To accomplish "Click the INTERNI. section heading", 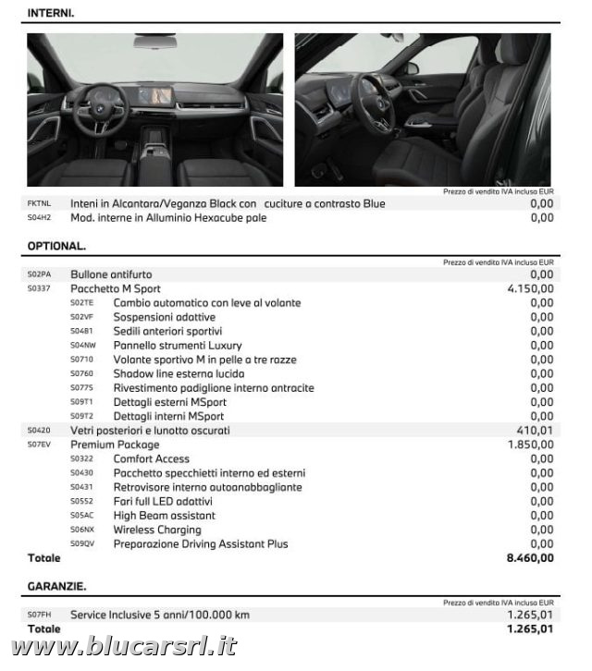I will tap(51, 13).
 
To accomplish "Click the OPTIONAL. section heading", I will tap(56, 246).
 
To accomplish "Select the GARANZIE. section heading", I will tap(56, 586).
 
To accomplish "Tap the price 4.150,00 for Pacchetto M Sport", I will tap(530, 288).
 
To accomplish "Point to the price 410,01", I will tap(535, 430).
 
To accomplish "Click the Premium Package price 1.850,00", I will tap(530, 445).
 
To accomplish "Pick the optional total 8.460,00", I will tap(530, 557).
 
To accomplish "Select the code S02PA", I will tap(39, 274).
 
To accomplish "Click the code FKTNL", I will tap(39, 203).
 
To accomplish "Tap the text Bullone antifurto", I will tap(111, 274).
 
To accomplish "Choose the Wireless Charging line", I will tap(156, 530).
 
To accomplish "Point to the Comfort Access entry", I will tap(151, 458).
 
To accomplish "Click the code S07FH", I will tap(39, 615).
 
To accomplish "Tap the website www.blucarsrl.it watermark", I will tap(124, 648).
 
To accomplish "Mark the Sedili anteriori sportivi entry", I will tap(167, 331).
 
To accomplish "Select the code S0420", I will tap(39, 430).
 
